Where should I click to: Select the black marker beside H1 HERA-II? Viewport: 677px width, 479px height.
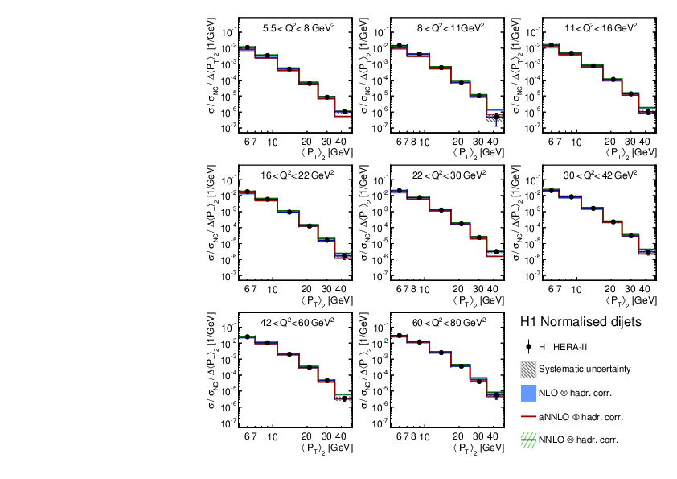[528, 347]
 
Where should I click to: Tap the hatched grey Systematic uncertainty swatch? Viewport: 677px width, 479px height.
[528, 370]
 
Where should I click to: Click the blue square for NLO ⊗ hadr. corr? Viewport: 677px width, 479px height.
[528, 394]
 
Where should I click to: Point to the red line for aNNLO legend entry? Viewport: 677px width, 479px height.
[528, 417]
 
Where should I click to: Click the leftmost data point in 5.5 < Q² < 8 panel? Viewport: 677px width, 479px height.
[248, 47]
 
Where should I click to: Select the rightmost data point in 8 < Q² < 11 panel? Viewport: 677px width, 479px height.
[496, 116]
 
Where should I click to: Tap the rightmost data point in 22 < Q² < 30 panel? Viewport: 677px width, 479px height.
[496, 251]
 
